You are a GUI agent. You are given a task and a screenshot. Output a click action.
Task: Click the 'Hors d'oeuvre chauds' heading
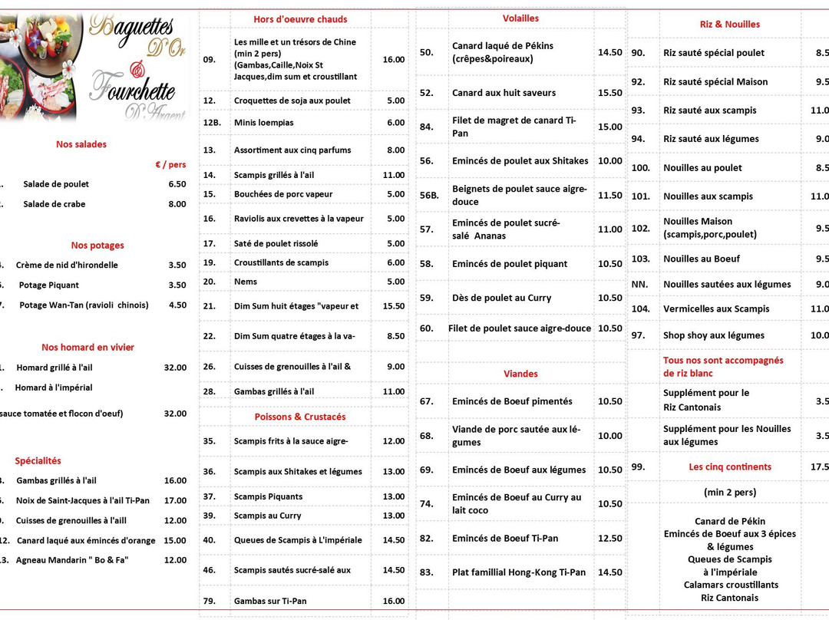click(x=300, y=19)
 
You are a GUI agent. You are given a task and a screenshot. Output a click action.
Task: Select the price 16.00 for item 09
click(x=393, y=60)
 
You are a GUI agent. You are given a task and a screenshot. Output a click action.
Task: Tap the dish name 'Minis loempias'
click(x=263, y=123)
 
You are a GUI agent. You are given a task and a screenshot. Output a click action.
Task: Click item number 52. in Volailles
click(x=427, y=93)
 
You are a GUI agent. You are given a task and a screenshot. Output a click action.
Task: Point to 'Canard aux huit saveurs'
click(x=504, y=93)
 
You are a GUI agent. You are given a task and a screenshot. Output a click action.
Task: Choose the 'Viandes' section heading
click(x=520, y=374)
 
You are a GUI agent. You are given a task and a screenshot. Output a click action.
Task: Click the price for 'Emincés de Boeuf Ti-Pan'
click(x=609, y=539)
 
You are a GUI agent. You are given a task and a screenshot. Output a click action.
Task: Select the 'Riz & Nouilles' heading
click(x=729, y=25)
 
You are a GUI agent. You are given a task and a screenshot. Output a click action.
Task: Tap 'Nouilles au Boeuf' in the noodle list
click(x=702, y=259)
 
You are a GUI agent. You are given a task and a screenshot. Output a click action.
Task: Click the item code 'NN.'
click(x=639, y=285)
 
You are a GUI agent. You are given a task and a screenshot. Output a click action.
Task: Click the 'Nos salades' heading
click(x=81, y=144)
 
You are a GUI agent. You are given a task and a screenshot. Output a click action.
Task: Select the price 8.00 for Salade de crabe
click(x=177, y=204)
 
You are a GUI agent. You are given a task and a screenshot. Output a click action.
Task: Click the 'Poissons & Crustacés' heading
click(x=300, y=417)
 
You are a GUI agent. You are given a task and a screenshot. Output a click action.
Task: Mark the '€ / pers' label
click(x=170, y=165)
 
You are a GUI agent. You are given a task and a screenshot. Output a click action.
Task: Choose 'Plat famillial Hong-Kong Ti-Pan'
click(x=518, y=572)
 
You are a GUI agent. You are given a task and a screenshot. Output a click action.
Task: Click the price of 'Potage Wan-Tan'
click(x=177, y=305)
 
